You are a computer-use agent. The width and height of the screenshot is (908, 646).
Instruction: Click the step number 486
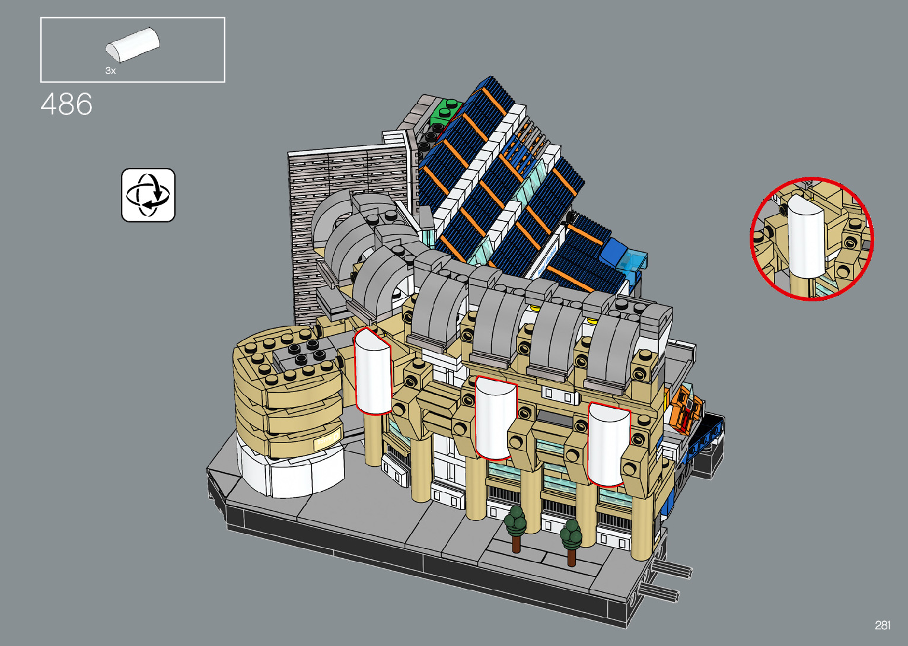(66, 104)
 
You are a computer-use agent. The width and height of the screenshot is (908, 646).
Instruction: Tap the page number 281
(882, 625)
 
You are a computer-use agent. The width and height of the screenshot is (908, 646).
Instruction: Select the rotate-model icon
(148, 195)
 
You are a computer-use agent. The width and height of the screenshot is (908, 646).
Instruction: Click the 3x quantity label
(110, 71)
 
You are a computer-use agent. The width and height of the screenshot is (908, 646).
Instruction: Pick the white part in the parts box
(133, 44)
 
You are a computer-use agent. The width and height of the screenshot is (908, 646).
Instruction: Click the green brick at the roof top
(445, 110)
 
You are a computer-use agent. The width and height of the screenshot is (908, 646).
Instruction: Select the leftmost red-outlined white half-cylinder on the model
(373, 371)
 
